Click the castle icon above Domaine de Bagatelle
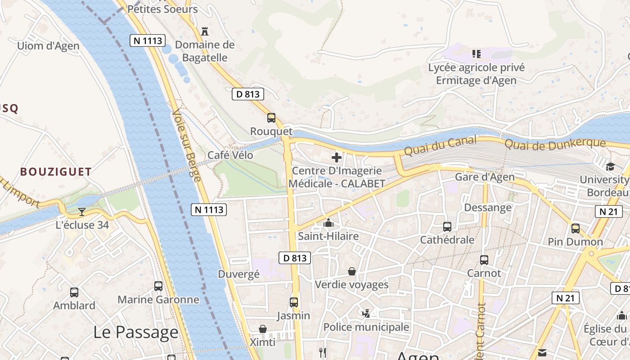(205, 31)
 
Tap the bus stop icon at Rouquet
(271, 118)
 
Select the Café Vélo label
(230, 155)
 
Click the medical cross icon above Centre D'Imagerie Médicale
(336, 157)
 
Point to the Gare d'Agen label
(485, 177)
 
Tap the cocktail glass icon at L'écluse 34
(81, 211)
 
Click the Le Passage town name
(135, 332)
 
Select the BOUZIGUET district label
(56, 171)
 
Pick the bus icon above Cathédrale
(447, 227)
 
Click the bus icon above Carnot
(484, 260)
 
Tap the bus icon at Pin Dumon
(576, 229)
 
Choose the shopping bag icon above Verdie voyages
(352, 271)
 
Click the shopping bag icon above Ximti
(263, 329)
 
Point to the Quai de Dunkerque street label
(555, 144)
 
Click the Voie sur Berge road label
(186, 145)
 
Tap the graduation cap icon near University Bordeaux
(610, 166)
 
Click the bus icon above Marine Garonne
(158, 286)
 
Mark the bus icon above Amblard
(74, 292)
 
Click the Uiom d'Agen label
(48, 46)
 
